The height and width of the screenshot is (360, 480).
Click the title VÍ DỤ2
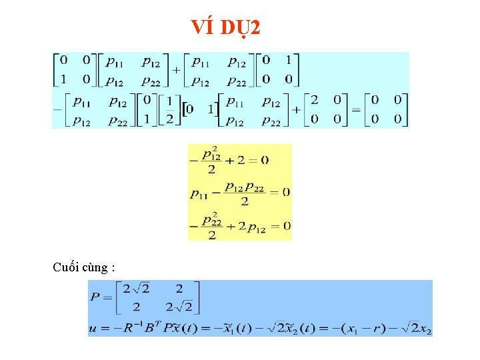226,27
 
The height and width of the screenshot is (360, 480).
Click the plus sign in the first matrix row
177,70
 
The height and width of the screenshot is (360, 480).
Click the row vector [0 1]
200,109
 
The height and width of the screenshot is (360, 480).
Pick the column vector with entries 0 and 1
147,109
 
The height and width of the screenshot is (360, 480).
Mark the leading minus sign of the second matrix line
58,109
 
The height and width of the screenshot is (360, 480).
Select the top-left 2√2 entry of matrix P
136,288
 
